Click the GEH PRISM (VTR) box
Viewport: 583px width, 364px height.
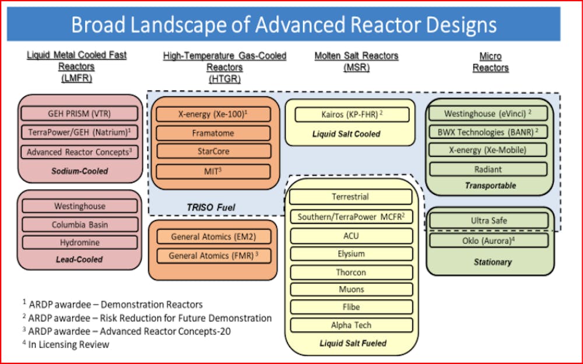pyautogui.click(x=80, y=113)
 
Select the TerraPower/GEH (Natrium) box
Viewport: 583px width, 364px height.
pyautogui.click(x=80, y=132)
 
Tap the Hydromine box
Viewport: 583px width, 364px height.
pyautogui.click(x=80, y=242)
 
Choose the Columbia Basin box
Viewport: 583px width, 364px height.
pyautogui.click(x=80, y=224)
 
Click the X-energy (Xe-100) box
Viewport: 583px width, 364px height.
pyautogui.click(x=213, y=114)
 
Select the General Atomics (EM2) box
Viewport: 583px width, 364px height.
pyautogui.click(x=213, y=237)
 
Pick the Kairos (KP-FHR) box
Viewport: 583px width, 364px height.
pyautogui.click(x=350, y=114)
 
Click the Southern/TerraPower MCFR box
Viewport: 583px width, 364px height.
pyautogui.click(x=351, y=216)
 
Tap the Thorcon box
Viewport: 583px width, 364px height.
pyautogui.click(x=351, y=272)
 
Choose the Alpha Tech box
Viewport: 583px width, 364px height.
pyautogui.click(x=351, y=325)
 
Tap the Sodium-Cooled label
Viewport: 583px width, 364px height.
pyautogui.click(x=79, y=171)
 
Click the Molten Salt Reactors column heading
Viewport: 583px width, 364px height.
pyautogui.click(x=356, y=61)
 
